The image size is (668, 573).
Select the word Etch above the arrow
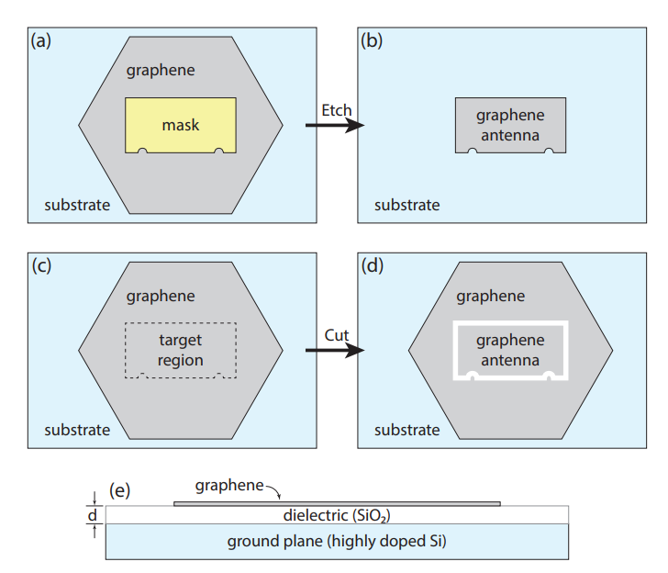pos(337,110)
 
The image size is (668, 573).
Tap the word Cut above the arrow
pos(337,335)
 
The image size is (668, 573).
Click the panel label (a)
pos(41,41)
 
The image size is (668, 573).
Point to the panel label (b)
pos(372,41)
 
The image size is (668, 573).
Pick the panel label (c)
pos(42,265)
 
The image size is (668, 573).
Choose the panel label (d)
pos(373,265)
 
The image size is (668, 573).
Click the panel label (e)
pos(119,490)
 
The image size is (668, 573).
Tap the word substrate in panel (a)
pos(77,205)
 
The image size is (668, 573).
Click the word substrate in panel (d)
pos(407,430)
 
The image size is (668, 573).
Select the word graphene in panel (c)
pos(161,297)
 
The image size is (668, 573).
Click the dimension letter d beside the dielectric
pos(93,515)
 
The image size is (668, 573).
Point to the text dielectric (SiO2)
pos(337,516)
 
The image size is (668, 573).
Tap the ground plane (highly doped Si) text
pos(337,542)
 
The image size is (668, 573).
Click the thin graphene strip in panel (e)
pos(337,504)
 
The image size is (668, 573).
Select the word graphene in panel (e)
pos(229,486)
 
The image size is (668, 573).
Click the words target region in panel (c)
pos(180,350)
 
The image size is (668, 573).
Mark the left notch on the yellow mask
pos(142,151)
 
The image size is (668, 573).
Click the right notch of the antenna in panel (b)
pos(549,151)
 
